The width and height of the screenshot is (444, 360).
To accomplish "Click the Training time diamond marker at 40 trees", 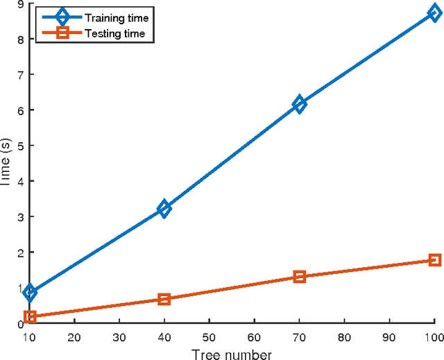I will (164, 208).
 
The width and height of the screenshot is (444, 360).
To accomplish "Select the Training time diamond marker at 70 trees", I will (300, 105).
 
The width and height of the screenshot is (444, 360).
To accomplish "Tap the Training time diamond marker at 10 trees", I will (30, 292).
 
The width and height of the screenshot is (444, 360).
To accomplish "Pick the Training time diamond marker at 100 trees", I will (435, 14).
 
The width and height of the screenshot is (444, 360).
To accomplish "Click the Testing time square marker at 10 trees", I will (30, 317).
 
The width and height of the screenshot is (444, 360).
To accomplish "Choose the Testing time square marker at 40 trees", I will (164, 299).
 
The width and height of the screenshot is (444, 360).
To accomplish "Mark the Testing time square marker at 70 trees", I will (300, 277).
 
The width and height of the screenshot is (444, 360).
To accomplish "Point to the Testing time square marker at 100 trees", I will (435, 259).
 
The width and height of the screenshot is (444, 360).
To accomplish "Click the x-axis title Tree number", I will (232, 354).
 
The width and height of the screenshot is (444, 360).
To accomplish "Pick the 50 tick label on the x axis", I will (210, 336).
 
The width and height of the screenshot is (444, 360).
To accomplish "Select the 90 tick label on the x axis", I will (390, 336).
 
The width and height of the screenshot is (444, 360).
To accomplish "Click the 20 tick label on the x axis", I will (75, 336).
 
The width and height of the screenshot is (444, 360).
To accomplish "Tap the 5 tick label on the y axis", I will (20, 146).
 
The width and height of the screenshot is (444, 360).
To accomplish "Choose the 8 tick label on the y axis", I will (20, 40).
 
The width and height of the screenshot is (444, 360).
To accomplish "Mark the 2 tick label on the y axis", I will (20, 252).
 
